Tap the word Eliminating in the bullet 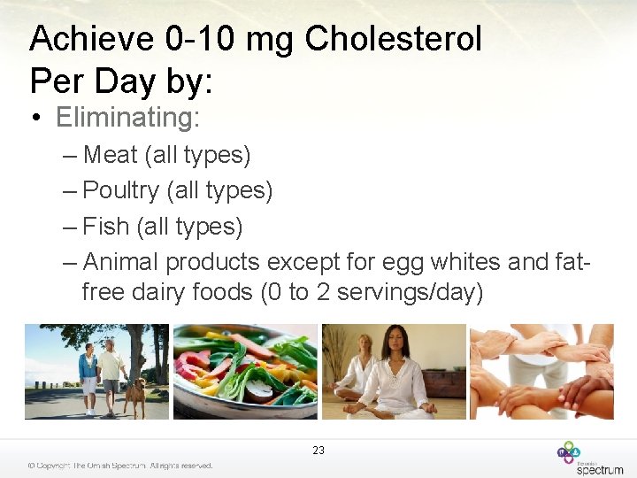pos(127,117)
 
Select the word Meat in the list pos(110,155)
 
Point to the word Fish pos(105,227)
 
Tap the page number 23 pos(318,451)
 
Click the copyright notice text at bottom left pos(119,466)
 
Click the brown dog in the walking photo pos(134,395)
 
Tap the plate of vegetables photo pos(245,371)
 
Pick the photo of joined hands pos(541,371)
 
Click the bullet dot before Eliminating pos(39,118)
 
